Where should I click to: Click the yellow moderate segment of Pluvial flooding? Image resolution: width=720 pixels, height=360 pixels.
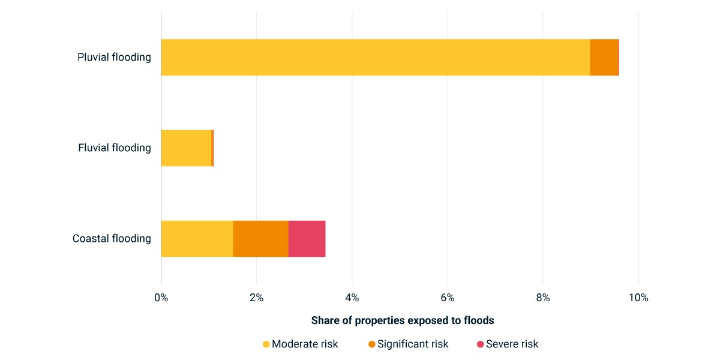coord(376,57)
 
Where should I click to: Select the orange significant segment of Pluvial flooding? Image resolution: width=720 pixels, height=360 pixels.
coord(604,57)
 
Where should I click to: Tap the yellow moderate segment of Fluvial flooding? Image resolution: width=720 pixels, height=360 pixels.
coord(186,148)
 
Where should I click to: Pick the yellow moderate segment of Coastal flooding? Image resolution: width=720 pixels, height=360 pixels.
coord(197,239)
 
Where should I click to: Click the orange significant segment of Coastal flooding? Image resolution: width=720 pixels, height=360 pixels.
coord(260,239)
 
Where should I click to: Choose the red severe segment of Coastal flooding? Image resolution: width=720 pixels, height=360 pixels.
coord(307,239)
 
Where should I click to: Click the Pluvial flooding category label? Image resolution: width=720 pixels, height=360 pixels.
coord(114,57)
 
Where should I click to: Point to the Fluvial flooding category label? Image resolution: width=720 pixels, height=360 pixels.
coord(115,148)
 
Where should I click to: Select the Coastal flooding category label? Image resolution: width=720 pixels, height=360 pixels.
coord(112,239)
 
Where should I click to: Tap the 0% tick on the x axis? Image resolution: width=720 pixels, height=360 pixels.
coord(161,298)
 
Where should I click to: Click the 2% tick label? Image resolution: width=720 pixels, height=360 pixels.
coord(257,298)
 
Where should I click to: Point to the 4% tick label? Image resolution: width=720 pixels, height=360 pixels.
coord(352,298)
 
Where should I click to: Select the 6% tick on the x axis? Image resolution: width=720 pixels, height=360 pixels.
coord(448,298)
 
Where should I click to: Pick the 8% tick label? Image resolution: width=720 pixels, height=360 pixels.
coord(543,298)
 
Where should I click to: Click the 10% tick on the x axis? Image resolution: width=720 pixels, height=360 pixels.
coord(638,298)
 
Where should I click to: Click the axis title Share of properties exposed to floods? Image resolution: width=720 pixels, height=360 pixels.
coord(403,320)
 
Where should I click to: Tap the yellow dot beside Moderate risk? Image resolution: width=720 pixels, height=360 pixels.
coord(266,344)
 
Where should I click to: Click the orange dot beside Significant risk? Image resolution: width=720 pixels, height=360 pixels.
coord(371,344)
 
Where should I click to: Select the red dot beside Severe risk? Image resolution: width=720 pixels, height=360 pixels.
coord(480,344)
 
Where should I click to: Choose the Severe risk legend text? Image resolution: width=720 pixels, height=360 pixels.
coord(512,344)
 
